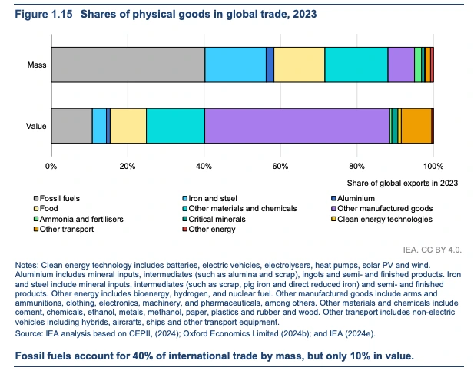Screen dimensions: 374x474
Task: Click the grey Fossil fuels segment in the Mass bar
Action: point(128,65)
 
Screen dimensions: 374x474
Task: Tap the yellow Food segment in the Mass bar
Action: point(299,65)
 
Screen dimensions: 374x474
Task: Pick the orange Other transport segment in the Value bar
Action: point(416,126)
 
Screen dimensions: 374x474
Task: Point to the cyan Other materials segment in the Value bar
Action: point(175,126)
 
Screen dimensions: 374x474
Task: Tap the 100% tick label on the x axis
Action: point(433,166)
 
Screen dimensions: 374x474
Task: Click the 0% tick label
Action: point(51,166)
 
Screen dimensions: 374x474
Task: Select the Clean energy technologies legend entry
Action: point(382,219)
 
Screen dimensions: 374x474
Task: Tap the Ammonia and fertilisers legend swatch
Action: point(35,219)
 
